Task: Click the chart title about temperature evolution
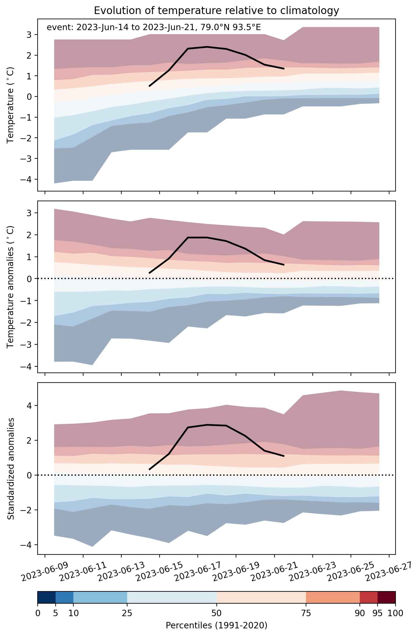point(216,11)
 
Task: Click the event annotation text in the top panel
point(154,28)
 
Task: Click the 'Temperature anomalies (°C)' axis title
point(11,287)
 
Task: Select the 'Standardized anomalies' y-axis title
point(11,468)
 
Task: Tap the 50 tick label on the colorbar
point(216,613)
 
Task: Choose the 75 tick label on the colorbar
point(306,613)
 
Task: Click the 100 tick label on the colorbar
point(396,613)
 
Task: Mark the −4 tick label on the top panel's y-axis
point(27,179)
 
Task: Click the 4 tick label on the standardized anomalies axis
point(31,405)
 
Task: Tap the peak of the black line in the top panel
point(207,47)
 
